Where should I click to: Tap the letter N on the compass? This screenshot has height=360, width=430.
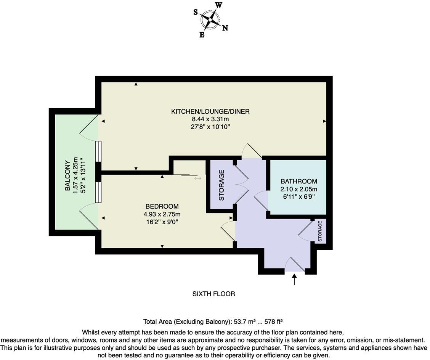pos(225,28)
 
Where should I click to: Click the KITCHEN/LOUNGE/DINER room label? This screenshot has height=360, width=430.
pos(210,111)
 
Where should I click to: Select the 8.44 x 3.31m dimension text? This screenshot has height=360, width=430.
pos(210,119)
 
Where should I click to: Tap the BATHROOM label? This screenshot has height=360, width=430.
pos(298,182)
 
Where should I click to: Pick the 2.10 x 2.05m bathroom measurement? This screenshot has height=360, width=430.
pos(298,189)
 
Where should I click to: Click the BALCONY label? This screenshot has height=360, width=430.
pos(67,176)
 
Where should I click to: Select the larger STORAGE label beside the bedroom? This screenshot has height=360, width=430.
pos(221,185)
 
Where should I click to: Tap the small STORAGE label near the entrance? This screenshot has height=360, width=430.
pos(320,231)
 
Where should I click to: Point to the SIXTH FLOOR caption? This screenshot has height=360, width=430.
pos(213,294)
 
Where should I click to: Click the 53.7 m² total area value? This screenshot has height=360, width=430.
pos(244,321)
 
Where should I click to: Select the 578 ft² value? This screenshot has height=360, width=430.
pos(276,321)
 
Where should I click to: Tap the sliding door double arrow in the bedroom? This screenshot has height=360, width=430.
pos(197,178)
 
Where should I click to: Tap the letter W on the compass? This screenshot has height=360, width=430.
pos(219,5)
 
